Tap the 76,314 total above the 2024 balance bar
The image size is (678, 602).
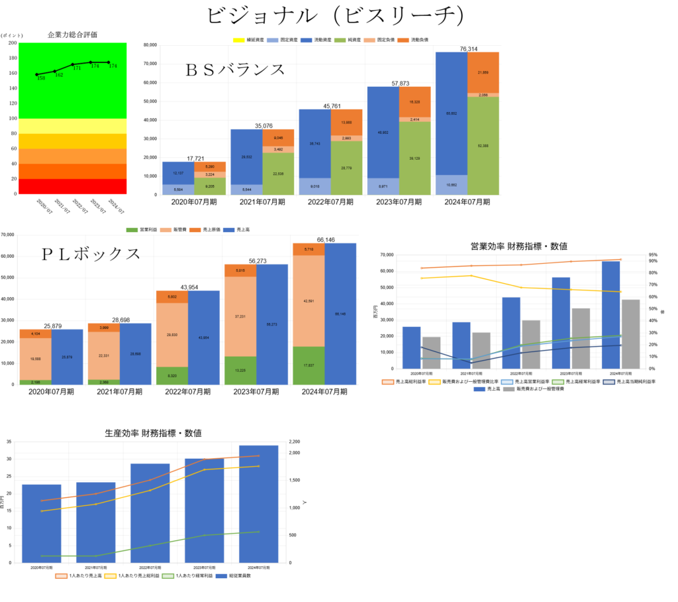467,48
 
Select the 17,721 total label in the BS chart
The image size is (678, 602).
195,158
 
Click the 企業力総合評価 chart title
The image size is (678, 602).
73,34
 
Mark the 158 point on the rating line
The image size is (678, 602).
37,74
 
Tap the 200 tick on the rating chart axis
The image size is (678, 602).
13,43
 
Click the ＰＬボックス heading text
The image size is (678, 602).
91,253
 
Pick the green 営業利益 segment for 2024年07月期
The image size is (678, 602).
309,365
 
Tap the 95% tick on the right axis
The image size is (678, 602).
653,255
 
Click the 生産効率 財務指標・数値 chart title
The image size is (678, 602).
153,433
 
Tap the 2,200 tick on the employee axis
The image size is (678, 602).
295,442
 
